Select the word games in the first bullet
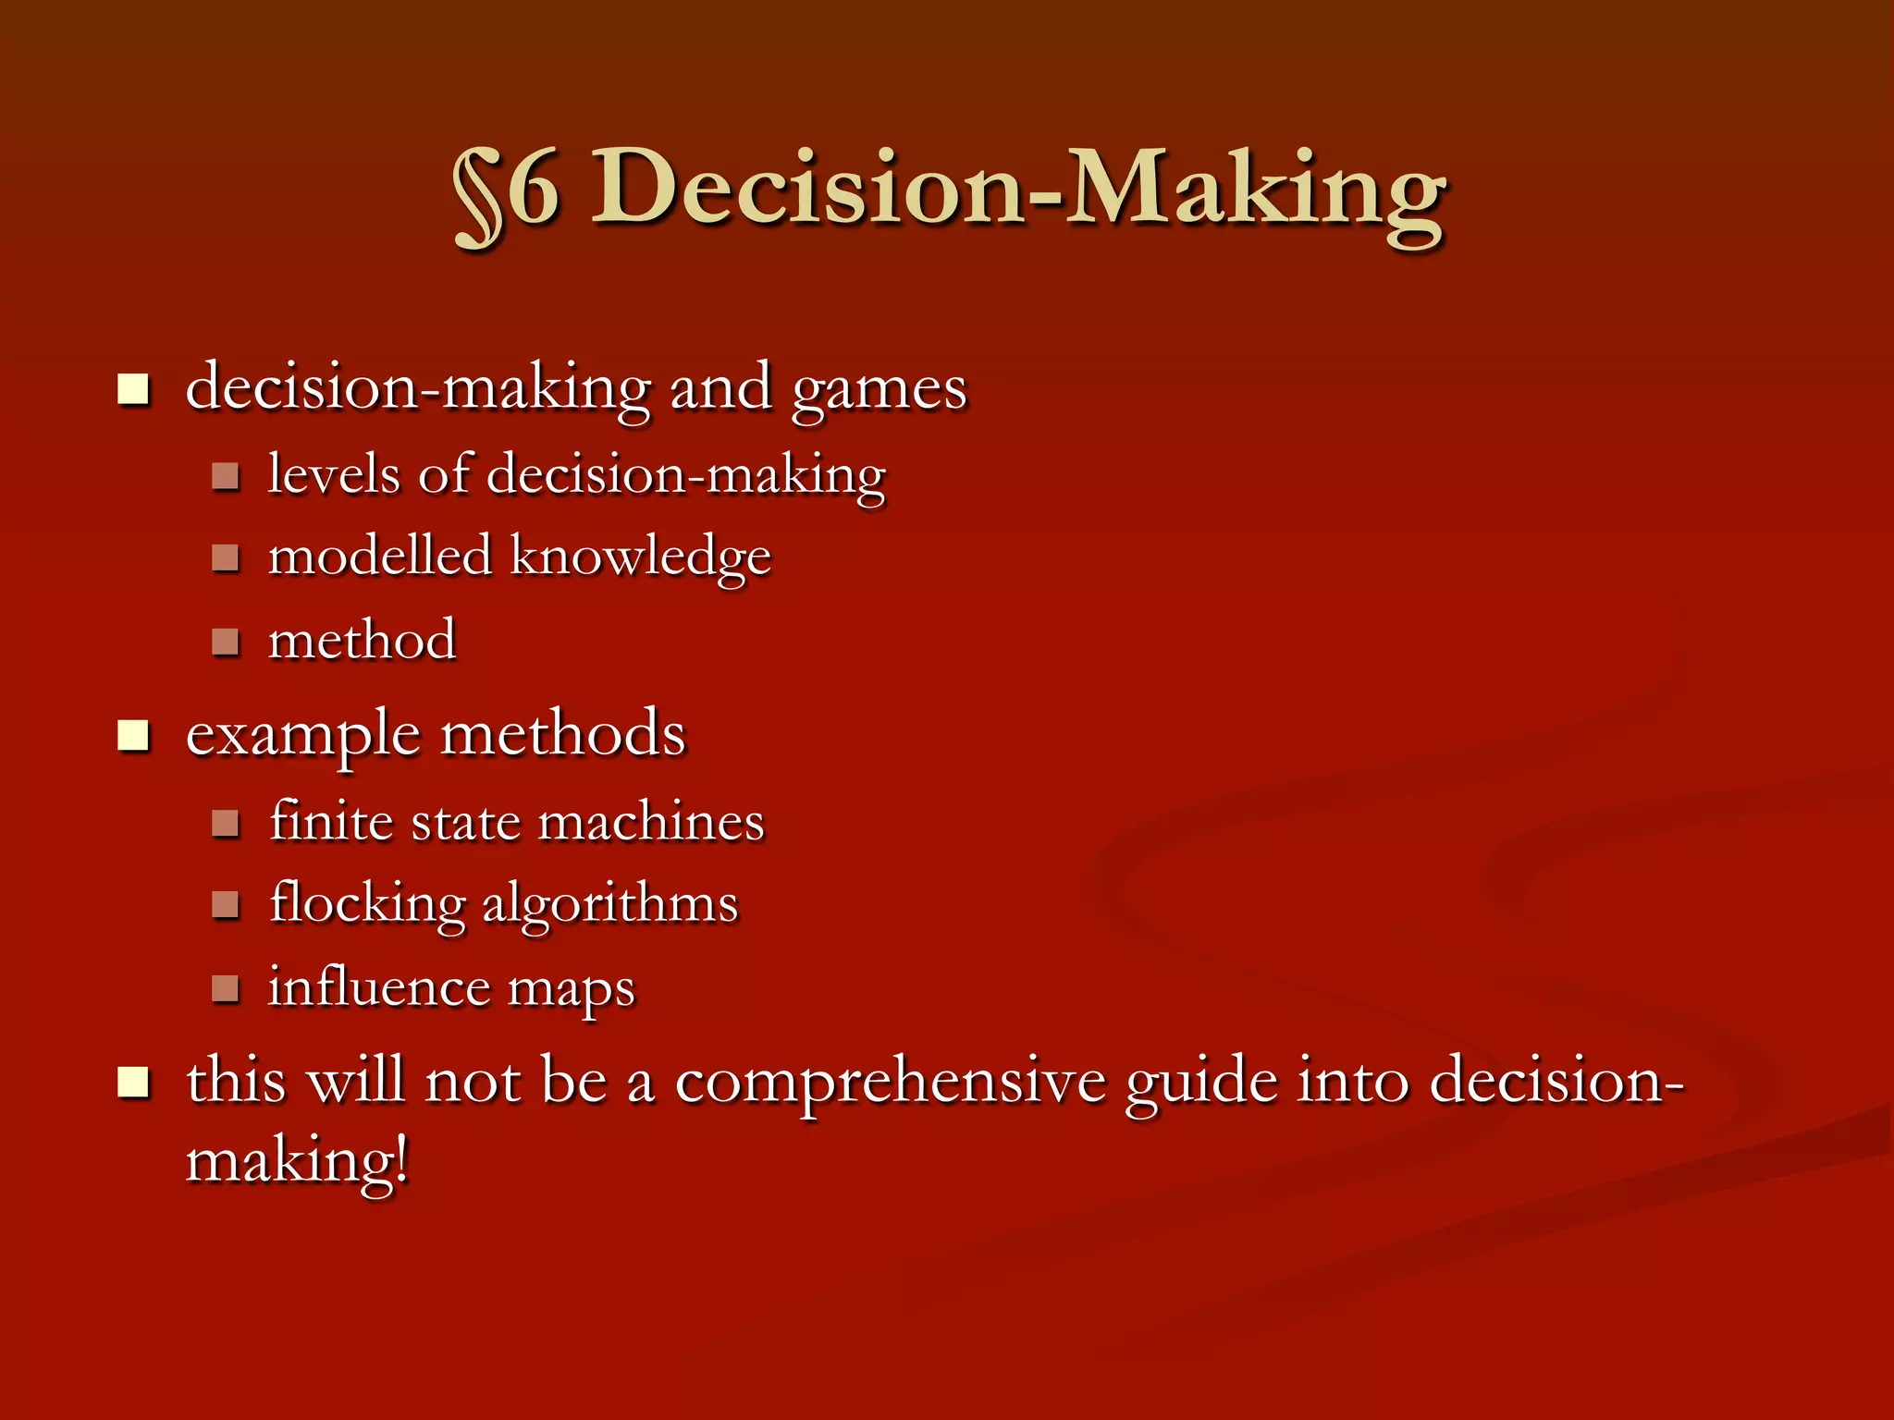pyautogui.click(x=879, y=389)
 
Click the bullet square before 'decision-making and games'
pyautogui.click(x=134, y=389)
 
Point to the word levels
pyautogui.click(x=334, y=474)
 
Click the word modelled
pyautogui.click(x=379, y=557)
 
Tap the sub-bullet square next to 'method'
pyautogui.click(x=226, y=641)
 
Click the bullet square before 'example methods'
pyautogui.click(x=134, y=736)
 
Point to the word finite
pyautogui.click(x=331, y=821)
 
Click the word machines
pyautogui.click(x=651, y=822)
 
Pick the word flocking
pyautogui.click(x=367, y=904)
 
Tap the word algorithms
pyautogui.click(x=610, y=904)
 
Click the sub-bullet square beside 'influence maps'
pyautogui.click(x=226, y=988)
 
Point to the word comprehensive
pyautogui.click(x=890, y=1083)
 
